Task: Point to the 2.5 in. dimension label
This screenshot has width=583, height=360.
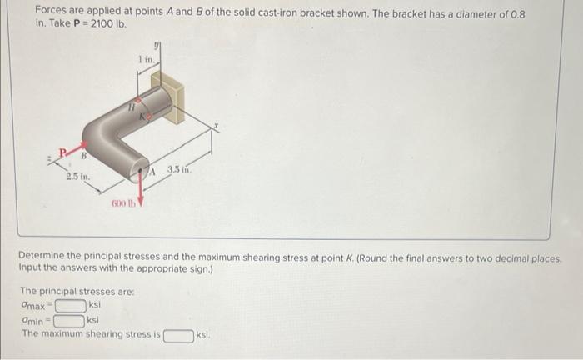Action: coord(79,177)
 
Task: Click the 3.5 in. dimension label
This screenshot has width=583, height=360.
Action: coord(179,170)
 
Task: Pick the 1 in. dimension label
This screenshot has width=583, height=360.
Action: coord(147,58)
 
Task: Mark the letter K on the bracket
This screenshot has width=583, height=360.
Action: coord(143,118)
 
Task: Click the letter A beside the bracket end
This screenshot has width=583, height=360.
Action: coord(153,171)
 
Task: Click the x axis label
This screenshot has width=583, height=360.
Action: coord(214,127)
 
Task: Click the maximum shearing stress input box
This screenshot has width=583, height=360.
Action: coord(178,335)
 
